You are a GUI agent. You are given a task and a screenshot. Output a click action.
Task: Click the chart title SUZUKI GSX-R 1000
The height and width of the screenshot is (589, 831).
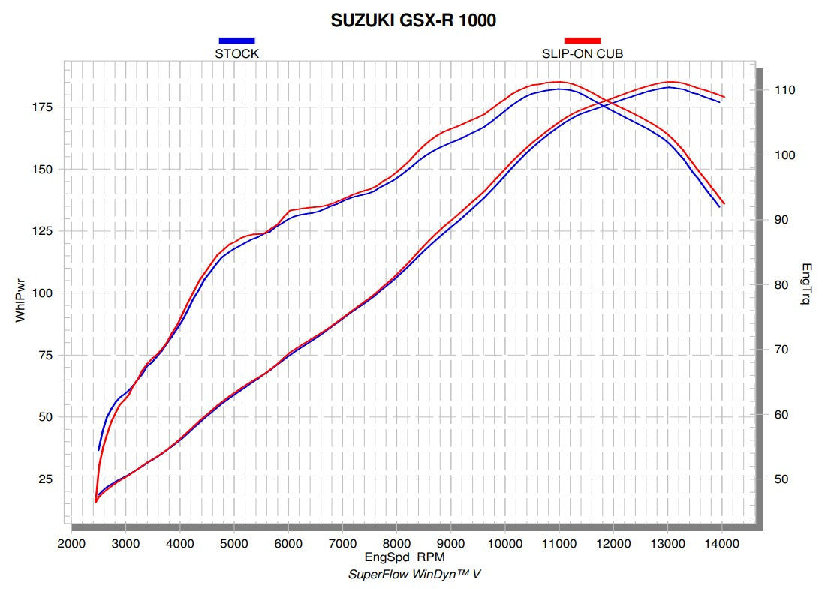pos(413,21)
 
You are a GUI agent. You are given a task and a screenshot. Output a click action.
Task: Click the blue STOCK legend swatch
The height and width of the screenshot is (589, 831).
pos(236,41)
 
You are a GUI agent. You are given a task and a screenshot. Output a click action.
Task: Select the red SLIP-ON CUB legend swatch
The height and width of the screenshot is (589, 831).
pos(583,41)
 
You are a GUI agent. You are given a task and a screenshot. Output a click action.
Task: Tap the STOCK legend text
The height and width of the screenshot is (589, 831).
pos(236,53)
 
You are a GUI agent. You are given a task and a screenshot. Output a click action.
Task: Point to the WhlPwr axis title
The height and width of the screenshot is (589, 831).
pos(20,301)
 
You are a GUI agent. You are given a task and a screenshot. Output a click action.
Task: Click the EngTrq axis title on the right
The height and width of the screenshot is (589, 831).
pos(806,284)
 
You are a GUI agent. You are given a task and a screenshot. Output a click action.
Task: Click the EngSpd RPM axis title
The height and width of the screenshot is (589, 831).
pos(405,557)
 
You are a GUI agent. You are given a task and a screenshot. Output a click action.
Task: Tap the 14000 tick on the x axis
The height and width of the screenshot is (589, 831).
pos(721,544)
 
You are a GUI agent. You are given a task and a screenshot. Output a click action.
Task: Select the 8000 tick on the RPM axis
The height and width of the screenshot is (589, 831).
pos(396,544)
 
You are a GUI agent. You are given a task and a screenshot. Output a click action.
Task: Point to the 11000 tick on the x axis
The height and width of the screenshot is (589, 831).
pos(559,544)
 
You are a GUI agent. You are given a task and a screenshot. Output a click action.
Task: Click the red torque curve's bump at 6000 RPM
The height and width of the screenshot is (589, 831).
pos(290,211)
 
